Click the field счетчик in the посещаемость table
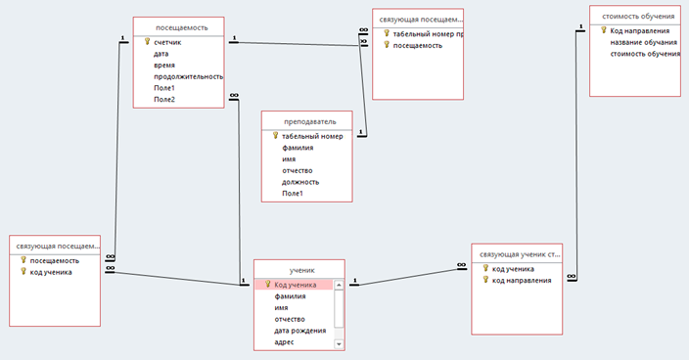[167, 43]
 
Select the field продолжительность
[189, 77]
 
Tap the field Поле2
[164, 100]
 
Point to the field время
[164, 66]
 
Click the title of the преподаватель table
[310, 121]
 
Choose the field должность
[300, 182]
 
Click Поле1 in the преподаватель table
[293, 194]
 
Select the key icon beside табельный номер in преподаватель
[276, 136]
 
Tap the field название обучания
[644, 43]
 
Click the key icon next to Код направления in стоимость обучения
[604, 30]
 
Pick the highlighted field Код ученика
[296, 285]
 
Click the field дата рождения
[300, 331]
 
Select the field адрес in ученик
[284, 342]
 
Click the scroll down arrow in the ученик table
[339, 344]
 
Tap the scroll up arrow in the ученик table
[339, 285]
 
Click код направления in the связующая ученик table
[522, 281]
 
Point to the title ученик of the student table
[301, 270]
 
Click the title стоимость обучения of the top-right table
[638, 17]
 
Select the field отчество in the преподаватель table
[298, 171]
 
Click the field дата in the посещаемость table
[161, 54]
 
